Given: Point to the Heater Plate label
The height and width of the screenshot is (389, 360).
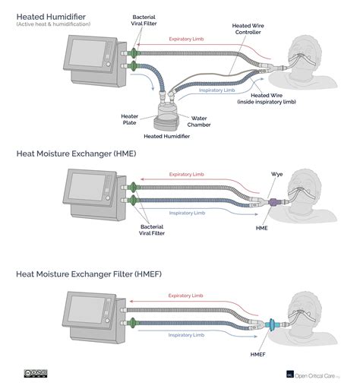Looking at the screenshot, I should tap(129, 119).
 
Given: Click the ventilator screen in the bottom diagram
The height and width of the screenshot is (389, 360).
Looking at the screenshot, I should tap(84, 312).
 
